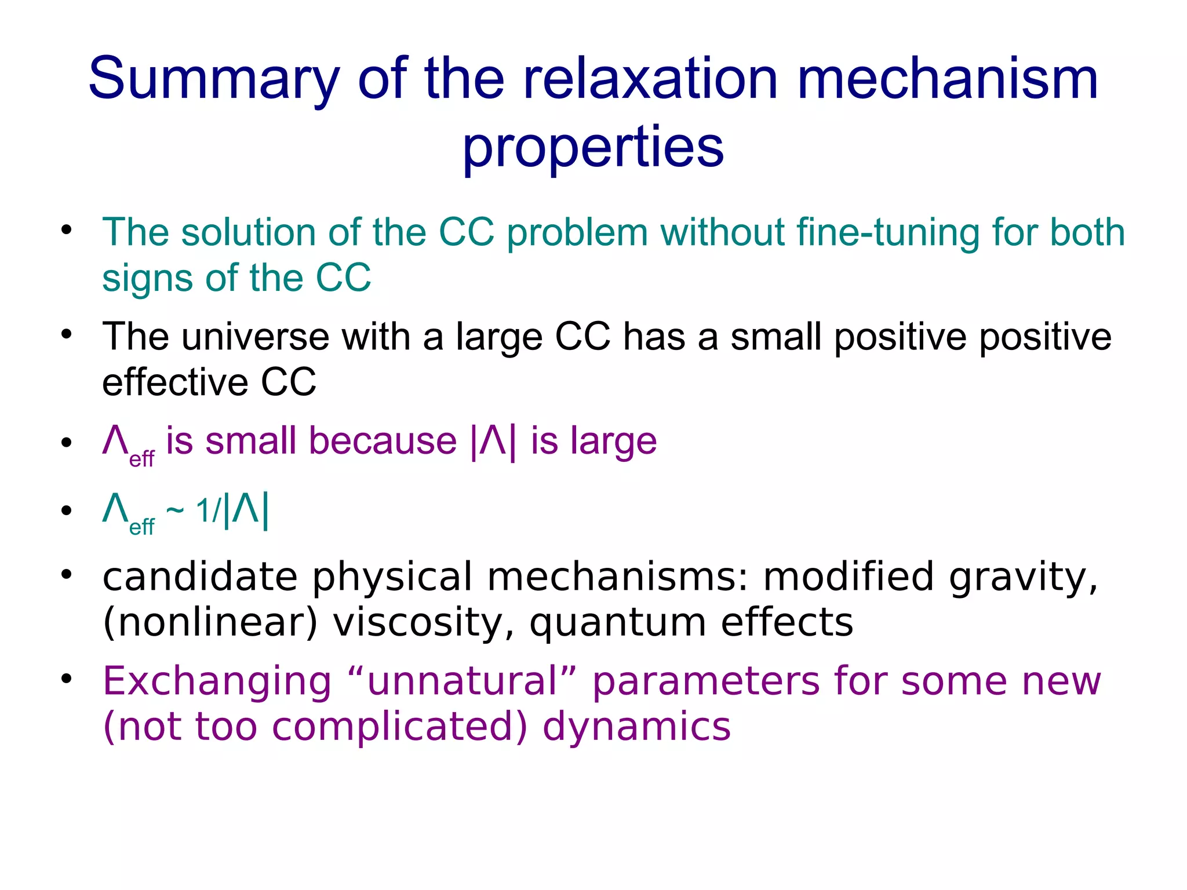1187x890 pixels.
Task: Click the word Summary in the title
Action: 213,79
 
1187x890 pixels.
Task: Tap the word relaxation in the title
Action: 650,79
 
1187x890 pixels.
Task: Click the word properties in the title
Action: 593,148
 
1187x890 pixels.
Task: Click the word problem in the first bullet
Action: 577,232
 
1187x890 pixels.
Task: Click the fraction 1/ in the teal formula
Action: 208,511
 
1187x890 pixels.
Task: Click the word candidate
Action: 200,577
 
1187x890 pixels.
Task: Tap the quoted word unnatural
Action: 462,681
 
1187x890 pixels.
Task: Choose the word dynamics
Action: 636,727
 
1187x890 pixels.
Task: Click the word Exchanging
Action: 217,682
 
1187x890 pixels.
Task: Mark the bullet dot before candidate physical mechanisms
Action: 67,574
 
